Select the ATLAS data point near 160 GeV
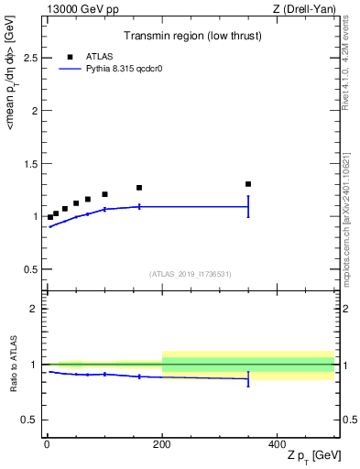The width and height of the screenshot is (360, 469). (x=139, y=188)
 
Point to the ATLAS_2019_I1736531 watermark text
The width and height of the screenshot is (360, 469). (x=190, y=274)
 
